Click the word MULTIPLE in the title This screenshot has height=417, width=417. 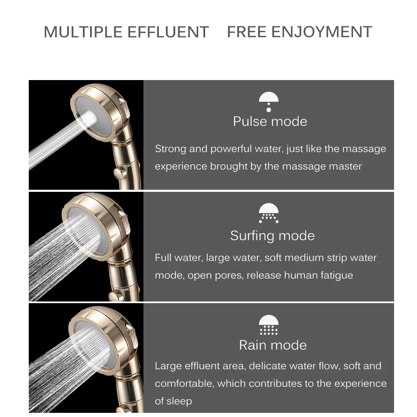pos(77,33)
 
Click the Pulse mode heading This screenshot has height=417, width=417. pos(270,121)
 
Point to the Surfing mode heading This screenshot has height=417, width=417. pos(272,236)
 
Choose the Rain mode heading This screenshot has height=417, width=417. pos(273,345)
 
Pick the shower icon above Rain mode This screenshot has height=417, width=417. pos(269,325)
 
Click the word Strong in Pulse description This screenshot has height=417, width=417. pos(170,149)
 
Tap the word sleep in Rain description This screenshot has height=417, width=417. pos(179,401)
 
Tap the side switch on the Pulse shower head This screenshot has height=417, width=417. pos(122,101)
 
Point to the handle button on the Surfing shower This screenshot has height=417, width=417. pos(116,296)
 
